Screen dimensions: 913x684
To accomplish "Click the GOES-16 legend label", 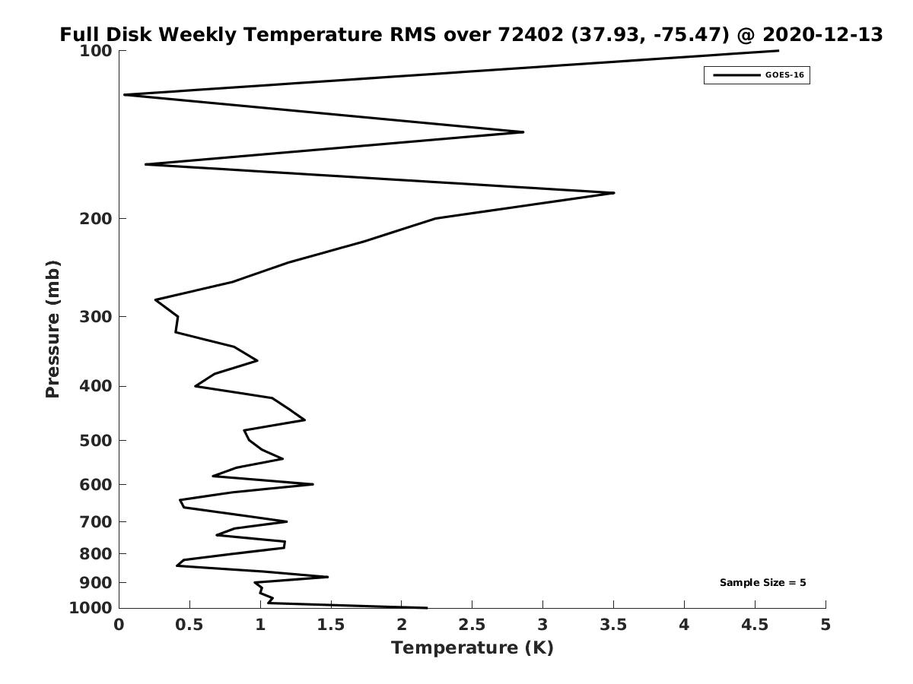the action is point(784,75).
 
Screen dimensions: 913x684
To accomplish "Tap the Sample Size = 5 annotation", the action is point(762,582).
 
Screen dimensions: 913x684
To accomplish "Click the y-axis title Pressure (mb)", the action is point(52,329).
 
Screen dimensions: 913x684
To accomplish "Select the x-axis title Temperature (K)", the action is point(472,648).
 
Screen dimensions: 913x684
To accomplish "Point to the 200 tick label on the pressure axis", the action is point(96,218).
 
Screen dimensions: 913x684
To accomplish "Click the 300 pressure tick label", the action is point(96,317).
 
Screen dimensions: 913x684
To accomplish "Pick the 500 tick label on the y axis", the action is point(96,440).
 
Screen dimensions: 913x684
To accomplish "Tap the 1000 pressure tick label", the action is point(91,608).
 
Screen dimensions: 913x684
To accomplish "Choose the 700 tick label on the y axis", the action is point(96,521).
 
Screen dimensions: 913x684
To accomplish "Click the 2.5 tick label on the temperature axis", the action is point(472,625).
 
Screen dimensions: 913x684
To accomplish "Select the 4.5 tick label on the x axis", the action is point(755,625).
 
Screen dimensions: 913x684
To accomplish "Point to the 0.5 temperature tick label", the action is point(189,625).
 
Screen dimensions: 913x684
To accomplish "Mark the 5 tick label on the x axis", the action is point(826,625).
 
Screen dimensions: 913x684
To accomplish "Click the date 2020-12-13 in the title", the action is point(822,34).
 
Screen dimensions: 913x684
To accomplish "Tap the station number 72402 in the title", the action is point(530,34).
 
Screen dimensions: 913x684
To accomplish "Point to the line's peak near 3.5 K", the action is point(614,193).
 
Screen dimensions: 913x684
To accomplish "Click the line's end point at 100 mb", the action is point(778,51).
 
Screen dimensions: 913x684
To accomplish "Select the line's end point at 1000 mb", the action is point(427,608).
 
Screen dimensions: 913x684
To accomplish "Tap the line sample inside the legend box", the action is point(736,75).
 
